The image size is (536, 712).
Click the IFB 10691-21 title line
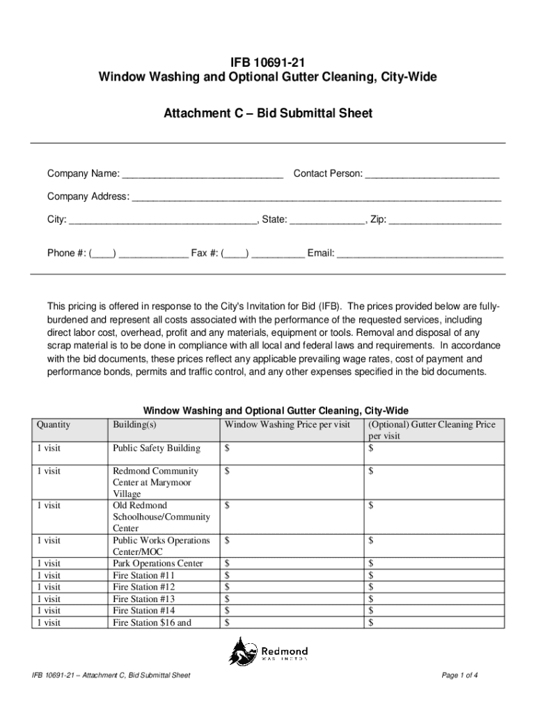tap(268, 62)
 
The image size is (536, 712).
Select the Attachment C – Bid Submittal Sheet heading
tap(268, 113)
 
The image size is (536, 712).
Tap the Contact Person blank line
tap(432, 174)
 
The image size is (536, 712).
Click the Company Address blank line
tap(317, 197)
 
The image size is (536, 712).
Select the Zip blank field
tap(445, 220)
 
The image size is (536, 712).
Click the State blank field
tap(327, 220)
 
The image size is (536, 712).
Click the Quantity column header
tap(54, 425)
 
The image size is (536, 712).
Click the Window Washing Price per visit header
tap(287, 425)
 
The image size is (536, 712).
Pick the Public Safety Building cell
tap(156, 448)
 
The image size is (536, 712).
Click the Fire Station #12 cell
tap(143, 587)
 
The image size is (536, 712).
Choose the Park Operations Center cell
tap(157, 564)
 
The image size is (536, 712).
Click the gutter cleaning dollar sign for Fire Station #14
tap(371, 610)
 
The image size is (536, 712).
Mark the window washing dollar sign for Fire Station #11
tap(227, 576)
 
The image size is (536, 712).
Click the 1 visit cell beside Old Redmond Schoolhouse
tap(49, 506)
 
